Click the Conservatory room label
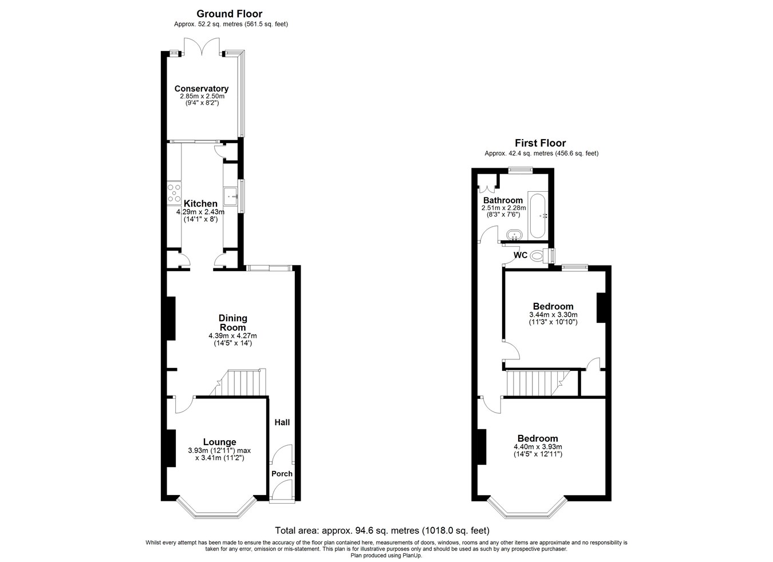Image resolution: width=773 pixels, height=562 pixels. click(201, 89)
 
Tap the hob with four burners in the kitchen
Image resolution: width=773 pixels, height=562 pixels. click(174, 193)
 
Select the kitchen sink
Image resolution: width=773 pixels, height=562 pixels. click(231, 196)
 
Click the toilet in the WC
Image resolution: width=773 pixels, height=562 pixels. click(539, 256)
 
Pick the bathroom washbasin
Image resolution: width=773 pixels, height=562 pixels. click(515, 235)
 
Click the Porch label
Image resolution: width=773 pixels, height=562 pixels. click(282, 474)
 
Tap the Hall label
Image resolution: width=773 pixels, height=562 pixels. click(282, 422)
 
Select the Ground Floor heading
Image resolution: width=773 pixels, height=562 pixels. click(230, 14)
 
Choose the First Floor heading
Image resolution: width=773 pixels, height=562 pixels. click(541, 143)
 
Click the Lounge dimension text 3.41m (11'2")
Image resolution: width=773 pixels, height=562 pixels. click(220, 458)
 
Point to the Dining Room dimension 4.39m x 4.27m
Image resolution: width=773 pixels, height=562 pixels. click(232, 336)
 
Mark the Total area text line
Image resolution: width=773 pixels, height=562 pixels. click(382, 531)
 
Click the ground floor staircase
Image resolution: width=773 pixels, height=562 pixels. click(239, 383)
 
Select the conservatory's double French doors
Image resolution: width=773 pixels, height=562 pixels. click(202, 46)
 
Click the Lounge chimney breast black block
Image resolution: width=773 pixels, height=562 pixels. click(171, 448)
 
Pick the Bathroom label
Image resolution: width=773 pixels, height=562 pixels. click(503, 200)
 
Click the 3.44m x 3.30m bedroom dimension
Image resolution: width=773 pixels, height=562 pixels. click(553, 315)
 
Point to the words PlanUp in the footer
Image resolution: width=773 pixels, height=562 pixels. click(412, 556)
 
